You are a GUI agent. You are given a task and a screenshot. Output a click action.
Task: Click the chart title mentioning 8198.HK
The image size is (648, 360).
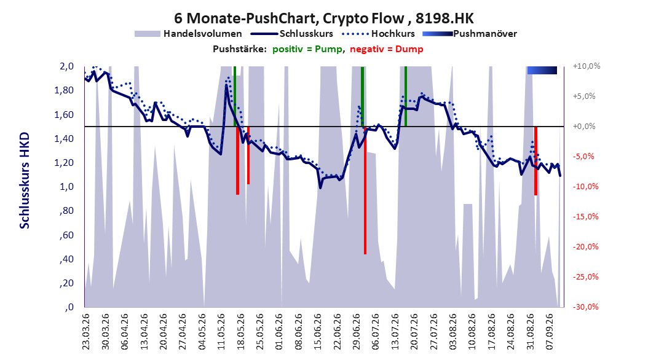(323, 18)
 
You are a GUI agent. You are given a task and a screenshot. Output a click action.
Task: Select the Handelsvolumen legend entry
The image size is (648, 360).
(188, 34)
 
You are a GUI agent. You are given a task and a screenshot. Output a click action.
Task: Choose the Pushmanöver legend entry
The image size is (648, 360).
(470, 34)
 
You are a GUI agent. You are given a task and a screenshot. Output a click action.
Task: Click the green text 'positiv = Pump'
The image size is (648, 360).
(307, 49)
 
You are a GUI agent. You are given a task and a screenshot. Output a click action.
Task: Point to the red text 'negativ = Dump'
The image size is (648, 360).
(387, 49)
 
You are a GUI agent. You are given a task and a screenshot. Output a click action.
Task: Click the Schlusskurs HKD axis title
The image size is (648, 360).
(25, 181)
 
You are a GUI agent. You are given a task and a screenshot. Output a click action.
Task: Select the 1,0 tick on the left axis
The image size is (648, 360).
(66, 187)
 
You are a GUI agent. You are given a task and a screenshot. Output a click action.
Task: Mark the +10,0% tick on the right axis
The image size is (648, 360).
(587, 66)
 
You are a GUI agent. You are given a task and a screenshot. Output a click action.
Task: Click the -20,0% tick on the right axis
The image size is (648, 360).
(585, 247)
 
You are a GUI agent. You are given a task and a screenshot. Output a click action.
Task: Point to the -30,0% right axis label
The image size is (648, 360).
(585, 307)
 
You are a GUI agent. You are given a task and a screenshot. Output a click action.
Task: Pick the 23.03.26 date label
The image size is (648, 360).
(85, 332)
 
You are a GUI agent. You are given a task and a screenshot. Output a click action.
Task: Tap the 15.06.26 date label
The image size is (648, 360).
(317, 332)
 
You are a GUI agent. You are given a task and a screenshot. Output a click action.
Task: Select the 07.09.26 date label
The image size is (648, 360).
(550, 332)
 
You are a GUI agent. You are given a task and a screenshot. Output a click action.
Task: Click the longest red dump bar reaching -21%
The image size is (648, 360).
(365, 190)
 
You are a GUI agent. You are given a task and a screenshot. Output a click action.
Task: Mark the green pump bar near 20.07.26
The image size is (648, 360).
(406, 96)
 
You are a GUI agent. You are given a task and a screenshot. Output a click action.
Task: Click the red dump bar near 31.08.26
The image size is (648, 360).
(535, 160)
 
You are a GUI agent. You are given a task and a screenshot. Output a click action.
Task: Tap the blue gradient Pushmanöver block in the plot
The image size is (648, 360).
(542, 70)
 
